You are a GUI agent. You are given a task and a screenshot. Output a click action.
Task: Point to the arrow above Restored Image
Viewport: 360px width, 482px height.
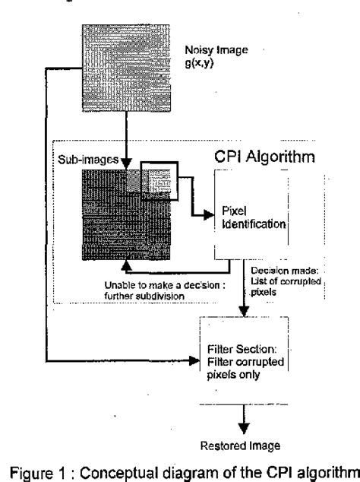(245, 416)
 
